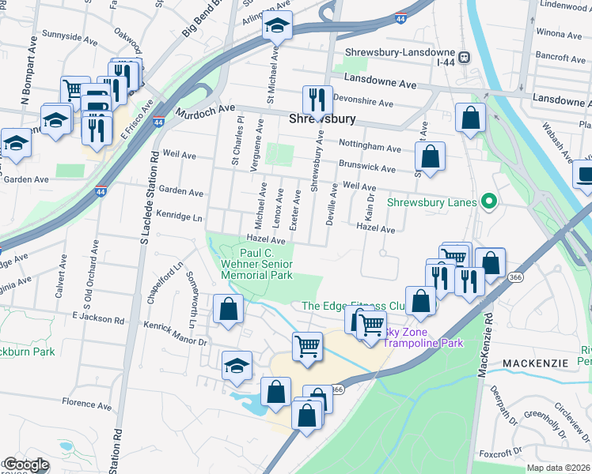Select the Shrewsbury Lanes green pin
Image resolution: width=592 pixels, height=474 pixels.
[x=488, y=201]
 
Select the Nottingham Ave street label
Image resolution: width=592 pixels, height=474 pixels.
[x=370, y=147]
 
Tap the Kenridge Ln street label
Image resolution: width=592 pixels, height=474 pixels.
[x=180, y=215]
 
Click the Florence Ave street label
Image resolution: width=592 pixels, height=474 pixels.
[x=87, y=403]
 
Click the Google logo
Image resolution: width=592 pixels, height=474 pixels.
[x=25, y=465]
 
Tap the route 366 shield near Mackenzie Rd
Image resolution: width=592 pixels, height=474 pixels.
[x=516, y=277]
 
